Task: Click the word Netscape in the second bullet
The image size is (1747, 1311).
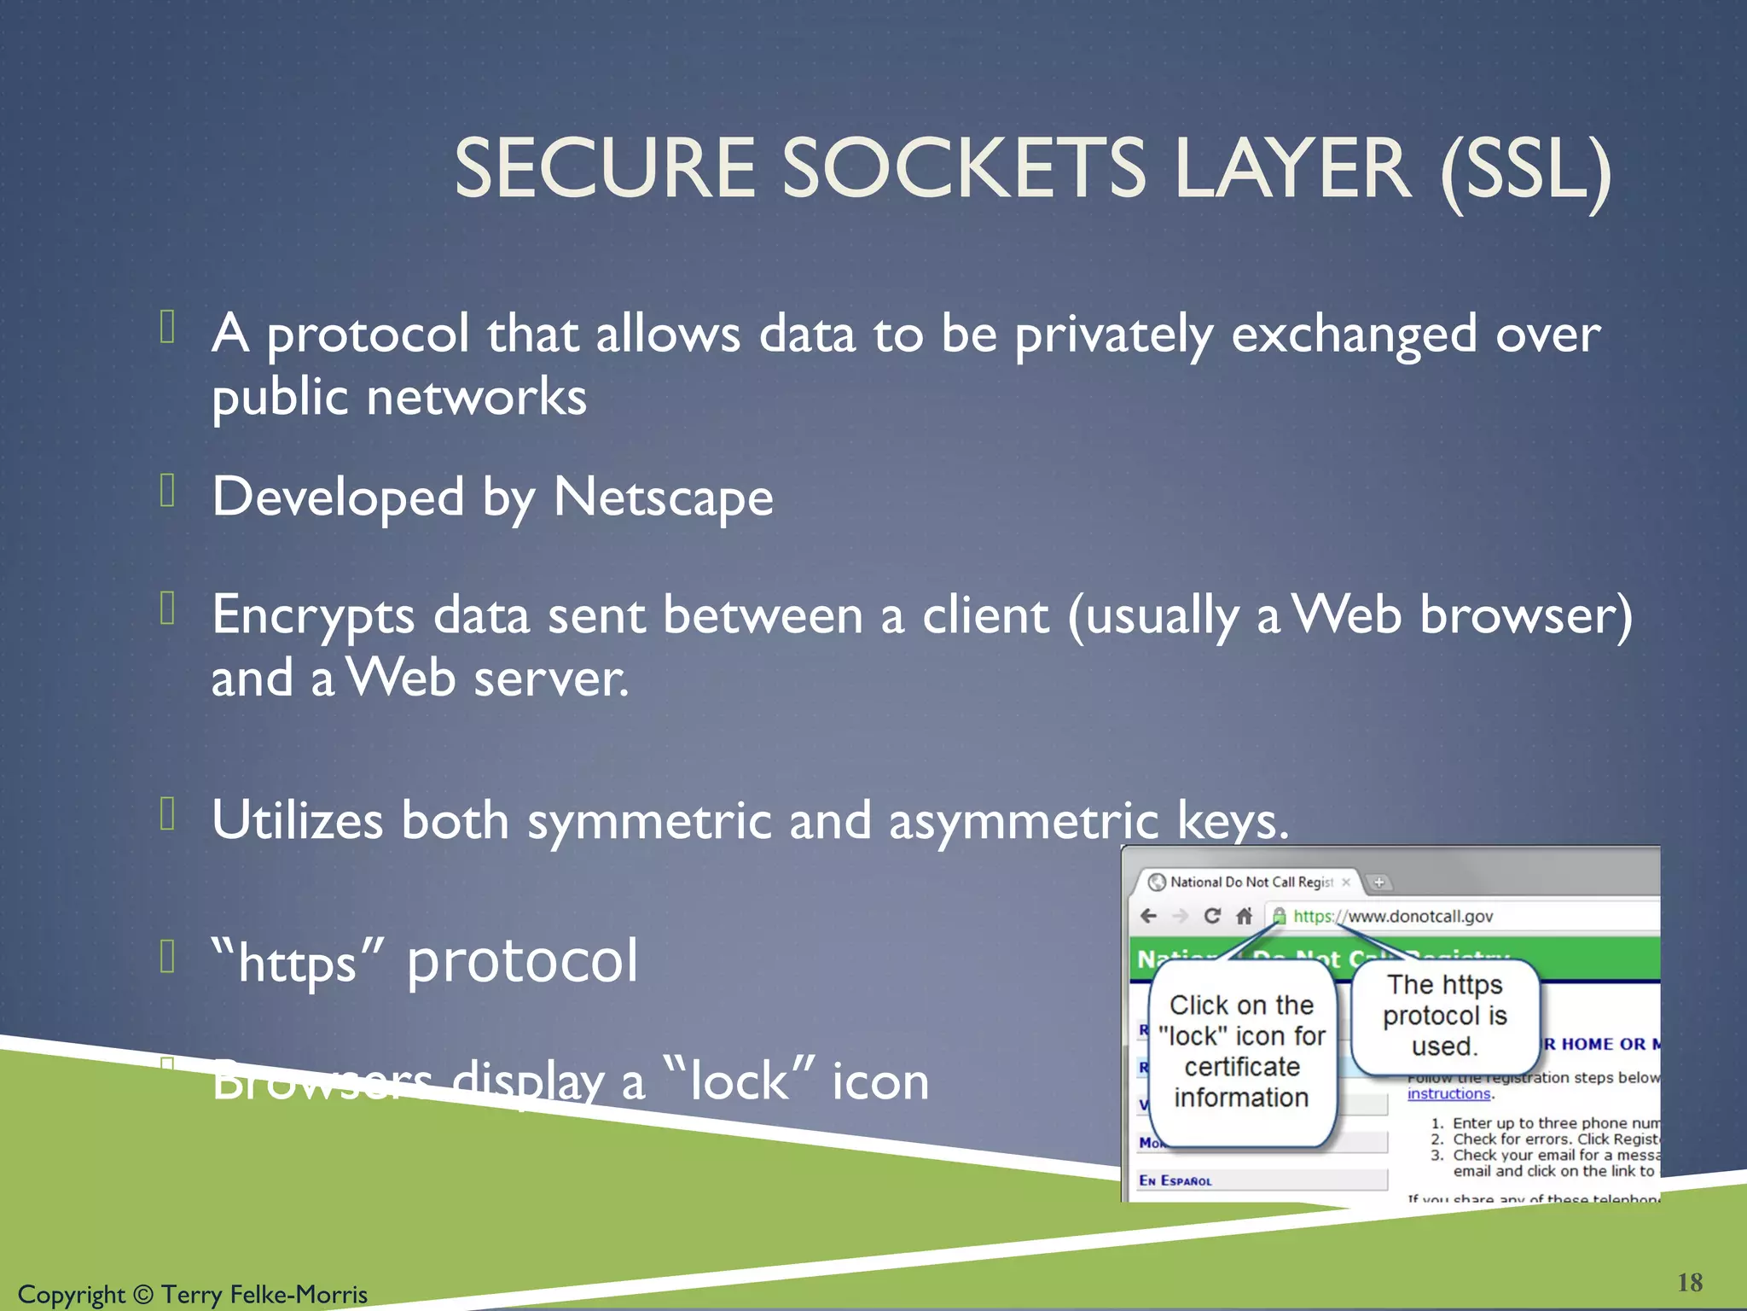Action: [x=663, y=497]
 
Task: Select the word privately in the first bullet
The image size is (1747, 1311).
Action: [x=1112, y=334]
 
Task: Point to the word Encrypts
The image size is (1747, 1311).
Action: [x=313, y=615]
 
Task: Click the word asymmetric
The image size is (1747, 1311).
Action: [x=1023, y=820]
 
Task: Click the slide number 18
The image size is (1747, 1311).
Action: [x=1689, y=1282]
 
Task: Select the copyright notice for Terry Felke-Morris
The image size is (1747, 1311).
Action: [x=193, y=1294]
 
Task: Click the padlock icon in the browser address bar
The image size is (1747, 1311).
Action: [x=1279, y=916]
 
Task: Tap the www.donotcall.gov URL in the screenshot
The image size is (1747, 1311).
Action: [x=1420, y=916]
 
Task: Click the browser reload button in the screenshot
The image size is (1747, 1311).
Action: [x=1211, y=916]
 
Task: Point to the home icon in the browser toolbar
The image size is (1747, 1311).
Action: [x=1245, y=916]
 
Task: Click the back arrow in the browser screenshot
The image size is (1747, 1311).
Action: [x=1149, y=916]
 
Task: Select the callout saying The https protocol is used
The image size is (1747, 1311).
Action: [x=1445, y=1016]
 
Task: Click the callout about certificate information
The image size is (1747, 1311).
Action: [x=1241, y=1052]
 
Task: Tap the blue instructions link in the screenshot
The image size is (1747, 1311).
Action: [x=1448, y=1094]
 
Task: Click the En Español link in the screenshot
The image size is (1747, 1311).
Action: [x=1175, y=1180]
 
